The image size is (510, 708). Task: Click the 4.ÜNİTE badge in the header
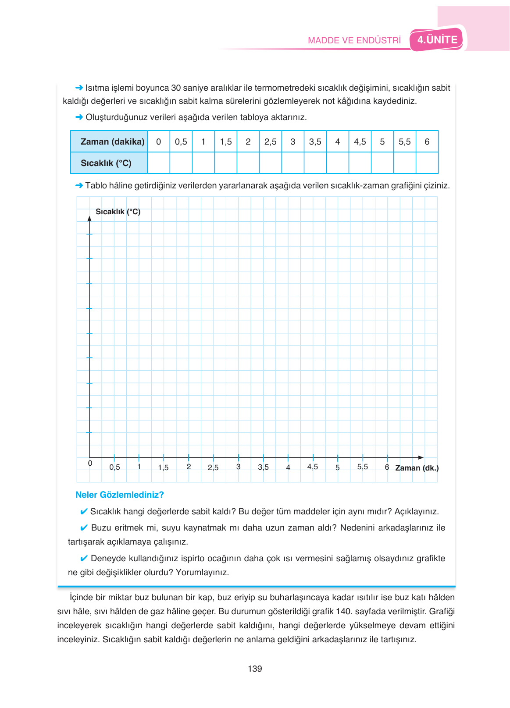coord(437,40)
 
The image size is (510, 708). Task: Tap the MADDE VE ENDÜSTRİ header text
coord(354,40)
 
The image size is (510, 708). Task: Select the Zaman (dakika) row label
coord(112,142)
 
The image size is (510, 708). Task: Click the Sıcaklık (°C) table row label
coord(106,163)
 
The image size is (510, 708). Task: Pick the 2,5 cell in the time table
coord(270,142)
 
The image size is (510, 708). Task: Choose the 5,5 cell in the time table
coord(404,142)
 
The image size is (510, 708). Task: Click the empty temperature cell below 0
coord(159,163)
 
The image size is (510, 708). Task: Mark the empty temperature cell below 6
coord(427,163)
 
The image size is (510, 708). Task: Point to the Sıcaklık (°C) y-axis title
coord(118,212)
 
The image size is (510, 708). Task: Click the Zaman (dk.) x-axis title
coord(417,468)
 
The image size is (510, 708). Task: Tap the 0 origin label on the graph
coord(90,463)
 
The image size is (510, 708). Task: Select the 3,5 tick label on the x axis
coord(263,467)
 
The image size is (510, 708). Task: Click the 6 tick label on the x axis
coord(387,467)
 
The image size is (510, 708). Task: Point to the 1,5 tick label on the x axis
coord(163,467)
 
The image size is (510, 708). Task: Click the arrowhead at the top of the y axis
coord(89,218)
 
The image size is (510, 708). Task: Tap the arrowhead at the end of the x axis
coord(421,457)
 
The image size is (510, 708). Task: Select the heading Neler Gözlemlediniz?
coord(119,495)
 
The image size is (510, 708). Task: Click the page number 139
coord(255,669)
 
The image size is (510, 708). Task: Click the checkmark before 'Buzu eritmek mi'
coord(84,527)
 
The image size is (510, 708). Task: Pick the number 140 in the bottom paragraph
coord(343,611)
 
